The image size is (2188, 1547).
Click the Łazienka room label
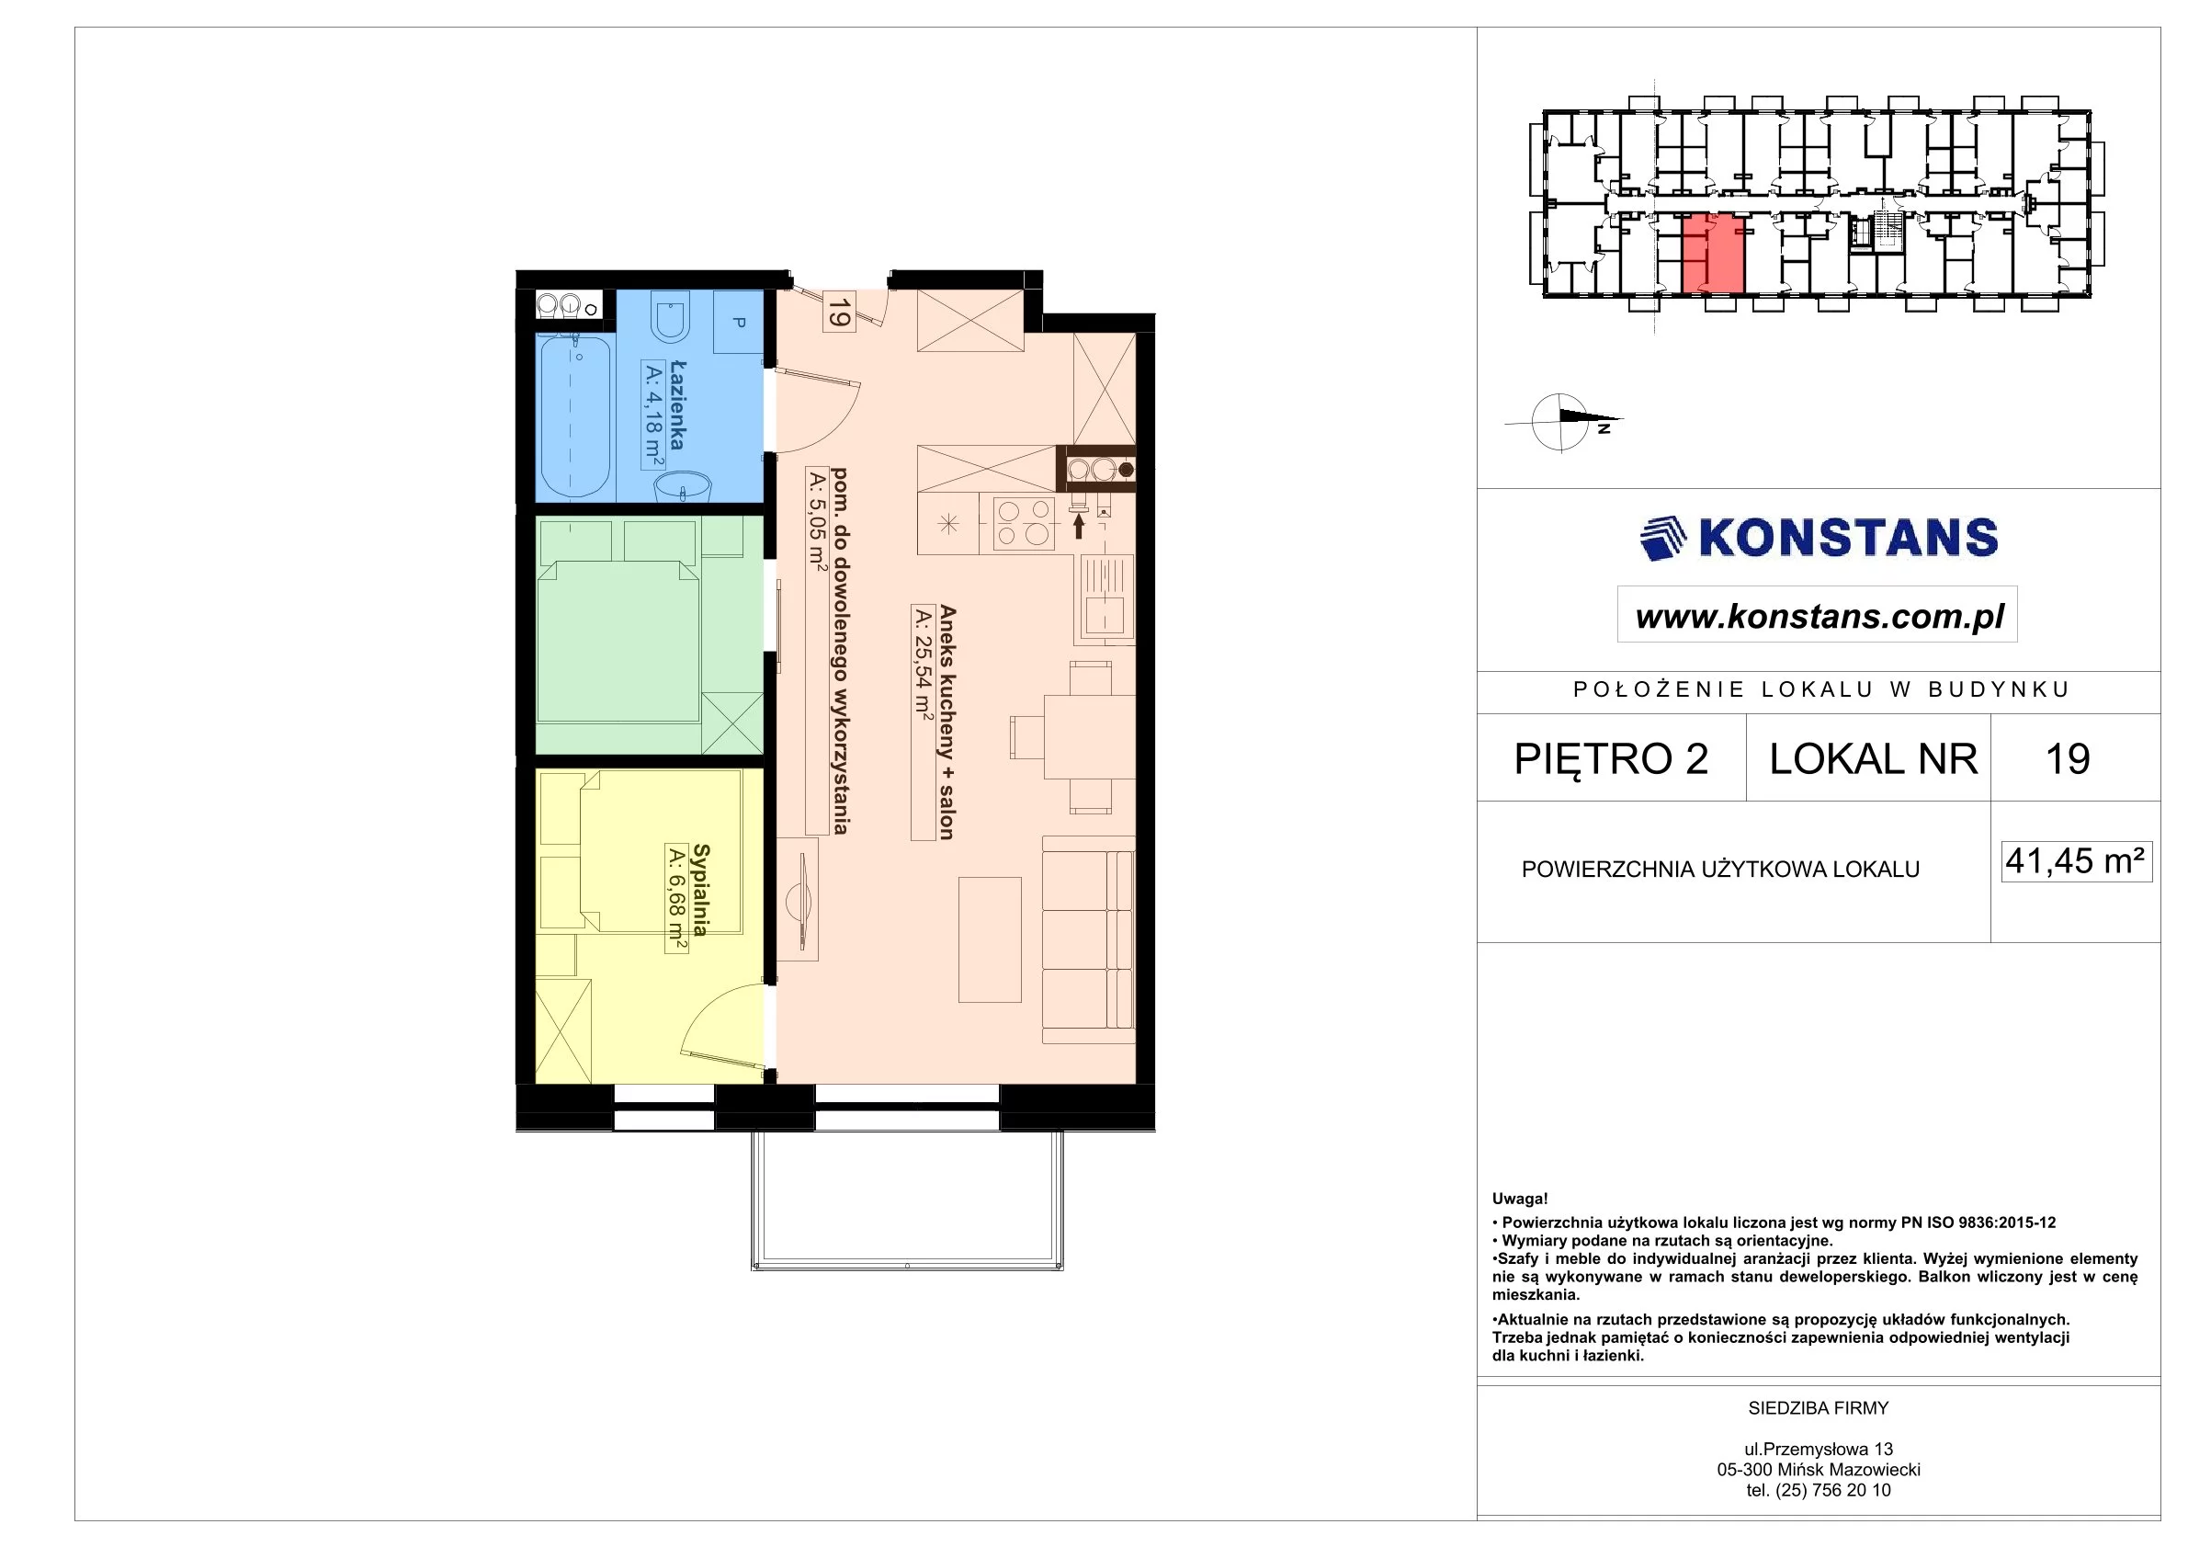(x=677, y=404)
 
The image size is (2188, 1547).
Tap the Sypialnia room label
(x=701, y=889)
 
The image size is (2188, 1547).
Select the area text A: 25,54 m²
(x=923, y=662)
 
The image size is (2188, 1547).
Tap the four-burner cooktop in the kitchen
(x=1024, y=523)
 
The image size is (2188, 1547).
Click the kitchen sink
(x=1106, y=597)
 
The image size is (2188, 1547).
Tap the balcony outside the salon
(x=907, y=1200)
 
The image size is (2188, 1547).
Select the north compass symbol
(x=1563, y=421)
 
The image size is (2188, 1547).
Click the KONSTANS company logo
(x=1819, y=538)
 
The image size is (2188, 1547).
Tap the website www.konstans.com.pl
(x=1820, y=616)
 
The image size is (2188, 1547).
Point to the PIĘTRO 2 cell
(x=1612, y=758)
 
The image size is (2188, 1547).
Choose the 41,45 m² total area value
(x=2076, y=860)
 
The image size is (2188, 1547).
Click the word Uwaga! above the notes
(x=1520, y=1200)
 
